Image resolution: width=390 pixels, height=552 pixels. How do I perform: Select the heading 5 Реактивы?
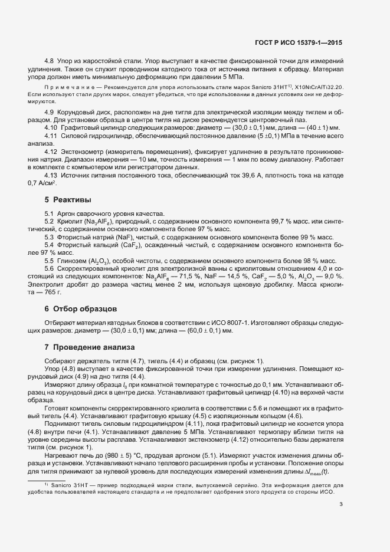click(68, 200)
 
